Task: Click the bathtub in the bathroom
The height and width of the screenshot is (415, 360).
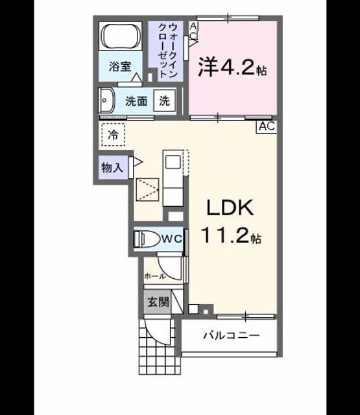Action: tap(121, 36)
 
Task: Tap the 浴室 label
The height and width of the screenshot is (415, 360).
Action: tap(120, 66)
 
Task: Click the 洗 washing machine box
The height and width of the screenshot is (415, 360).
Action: tap(164, 101)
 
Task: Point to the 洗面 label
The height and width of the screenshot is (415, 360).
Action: tap(136, 101)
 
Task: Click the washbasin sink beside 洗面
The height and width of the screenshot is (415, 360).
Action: tap(106, 101)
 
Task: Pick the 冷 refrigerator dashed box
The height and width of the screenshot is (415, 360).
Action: tap(114, 135)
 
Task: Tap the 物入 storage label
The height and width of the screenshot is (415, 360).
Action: tap(112, 167)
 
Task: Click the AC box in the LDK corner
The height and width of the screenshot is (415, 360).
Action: tap(267, 126)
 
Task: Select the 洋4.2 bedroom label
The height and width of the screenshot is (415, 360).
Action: tap(232, 67)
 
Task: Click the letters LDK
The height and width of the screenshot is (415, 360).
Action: tap(230, 208)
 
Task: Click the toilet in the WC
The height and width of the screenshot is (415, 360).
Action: tap(148, 239)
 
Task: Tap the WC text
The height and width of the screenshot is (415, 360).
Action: tap(172, 239)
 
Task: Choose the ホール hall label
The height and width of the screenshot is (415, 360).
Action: tap(155, 276)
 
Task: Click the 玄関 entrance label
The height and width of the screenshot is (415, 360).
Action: tap(158, 302)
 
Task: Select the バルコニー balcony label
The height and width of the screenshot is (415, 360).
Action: tap(231, 336)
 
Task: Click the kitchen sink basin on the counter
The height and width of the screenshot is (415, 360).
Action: tap(173, 161)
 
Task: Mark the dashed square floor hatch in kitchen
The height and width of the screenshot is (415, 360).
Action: tap(147, 189)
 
